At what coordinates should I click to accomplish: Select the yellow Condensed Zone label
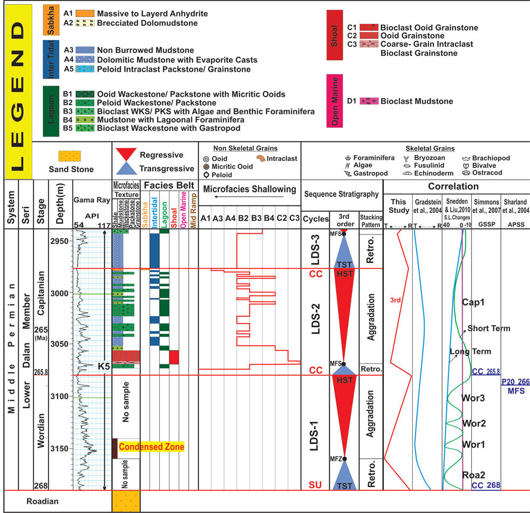[151, 447]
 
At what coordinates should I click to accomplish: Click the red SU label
[315, 485]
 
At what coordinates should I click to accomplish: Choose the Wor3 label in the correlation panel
[473, 398]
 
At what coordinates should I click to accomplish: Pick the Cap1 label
[473, 302]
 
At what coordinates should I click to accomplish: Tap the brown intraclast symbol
[260, 158]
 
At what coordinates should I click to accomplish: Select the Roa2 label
[473, 475]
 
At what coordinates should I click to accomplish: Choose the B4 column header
[268, 219]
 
